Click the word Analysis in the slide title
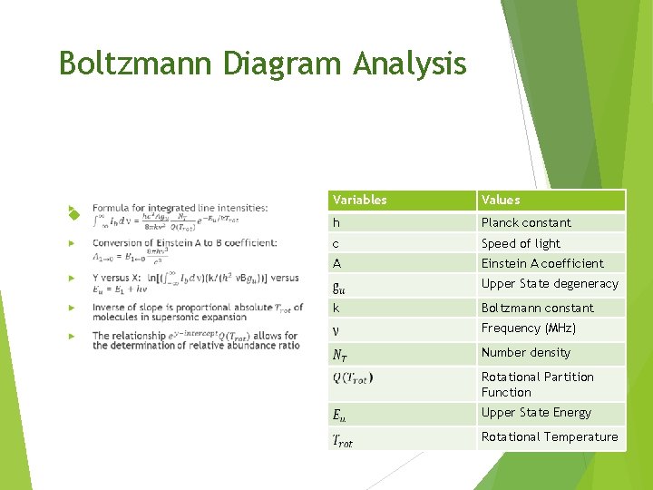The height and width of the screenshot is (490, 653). (x=410, y=64)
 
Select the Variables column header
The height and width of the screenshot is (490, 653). (x=360, y=200)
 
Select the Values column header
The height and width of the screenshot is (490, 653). (x=501, y=200)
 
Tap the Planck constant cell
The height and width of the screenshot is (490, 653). (x=526, y=222)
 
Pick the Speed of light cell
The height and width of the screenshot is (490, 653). (x=521, y=243)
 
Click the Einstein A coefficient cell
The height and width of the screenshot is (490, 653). (x=542, y=263)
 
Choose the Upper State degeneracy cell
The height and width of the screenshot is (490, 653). (x=550, y=284)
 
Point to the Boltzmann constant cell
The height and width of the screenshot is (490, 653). (x=538, y=308)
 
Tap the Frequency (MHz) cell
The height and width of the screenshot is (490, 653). (x=529, y=328)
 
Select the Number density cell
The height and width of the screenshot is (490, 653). (x=526, y=353)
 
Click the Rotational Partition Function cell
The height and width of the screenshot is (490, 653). (x=538, y=385)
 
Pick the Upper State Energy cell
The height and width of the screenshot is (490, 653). (x=536, y=413)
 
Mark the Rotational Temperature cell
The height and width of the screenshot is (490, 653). (x=550, y=437)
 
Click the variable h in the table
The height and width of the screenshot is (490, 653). (x=336, y=222)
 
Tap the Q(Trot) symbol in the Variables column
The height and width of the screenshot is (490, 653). (x=353, y=377)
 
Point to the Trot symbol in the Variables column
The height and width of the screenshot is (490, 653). (x=343, y=441)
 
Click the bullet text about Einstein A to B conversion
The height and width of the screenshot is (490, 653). (x=185, y=243)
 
